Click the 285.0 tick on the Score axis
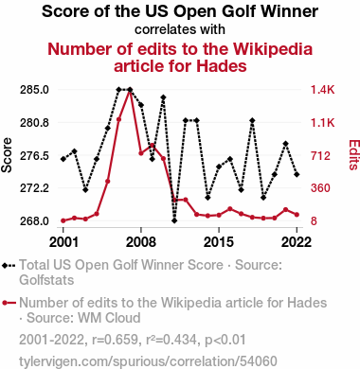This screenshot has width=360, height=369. pyautogui.click(x=34, y=90)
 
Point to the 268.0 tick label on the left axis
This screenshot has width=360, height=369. pyautogui.click(x=34, y=220)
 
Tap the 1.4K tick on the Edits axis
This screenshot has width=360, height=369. pyautogui.click(x=322, y=90)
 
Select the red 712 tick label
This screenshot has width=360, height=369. pyautogui.click(x=320, y=155)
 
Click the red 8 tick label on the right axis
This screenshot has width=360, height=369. pyautogui.click(x=314, y=220)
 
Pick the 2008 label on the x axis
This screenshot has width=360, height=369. pyautogui.click(x=141, y=242)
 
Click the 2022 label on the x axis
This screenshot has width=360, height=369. pyautogui.click(x=297, y=242)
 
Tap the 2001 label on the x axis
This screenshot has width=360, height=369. pyautogui.click(x=63, y=242)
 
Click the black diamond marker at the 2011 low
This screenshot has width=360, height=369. pyautogui.click(x=174, y=220)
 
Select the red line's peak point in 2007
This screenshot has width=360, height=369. pyautogui.click(x=130, y=91)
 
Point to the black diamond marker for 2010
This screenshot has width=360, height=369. pyautogui.click(x=163, y=97)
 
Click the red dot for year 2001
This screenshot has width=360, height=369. pyautogui.click(x=63, y=220)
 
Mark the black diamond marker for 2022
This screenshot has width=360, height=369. pyautogui.click(x=297, y=174)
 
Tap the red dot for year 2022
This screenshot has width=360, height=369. pyautogui.click(x=297, y=215)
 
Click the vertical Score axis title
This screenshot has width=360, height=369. pyautogui.click(x=7, y=155)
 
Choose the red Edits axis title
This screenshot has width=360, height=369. pyautogui.click(x=353, y=155)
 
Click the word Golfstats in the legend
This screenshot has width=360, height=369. pyautogui.click(x=46, y=280)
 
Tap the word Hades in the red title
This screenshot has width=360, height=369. pyautogui.click(x=221, y=66)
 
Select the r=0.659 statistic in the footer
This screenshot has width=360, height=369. pyautogui.click(x=115, y=340)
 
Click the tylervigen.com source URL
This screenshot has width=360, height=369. pyautogui.click(x=148, y=361)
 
